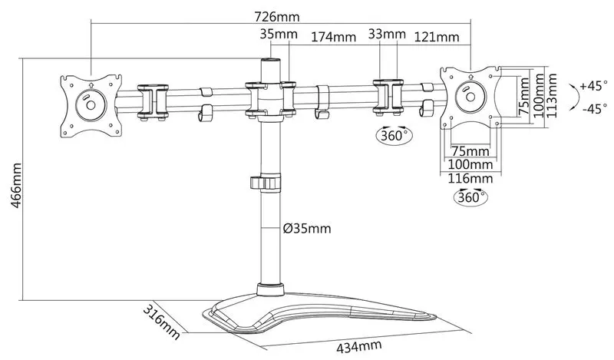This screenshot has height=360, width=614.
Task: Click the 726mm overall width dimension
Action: tap(277, 17)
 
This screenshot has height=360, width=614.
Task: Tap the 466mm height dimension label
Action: tap(16, 186)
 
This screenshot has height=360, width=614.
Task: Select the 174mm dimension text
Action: tap(333, 37)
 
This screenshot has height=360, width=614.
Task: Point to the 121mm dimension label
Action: tap(437, 37)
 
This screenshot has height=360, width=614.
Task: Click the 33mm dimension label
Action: tap(387, 34)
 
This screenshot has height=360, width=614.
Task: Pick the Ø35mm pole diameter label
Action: tap(306, 228)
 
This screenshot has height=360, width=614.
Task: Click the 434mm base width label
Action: tap(359, 347)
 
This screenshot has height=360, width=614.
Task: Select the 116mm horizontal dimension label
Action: tap(470, 179)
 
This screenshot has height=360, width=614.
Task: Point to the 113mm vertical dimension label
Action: tap(551, 96)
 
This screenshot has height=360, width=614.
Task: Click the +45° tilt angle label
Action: tap(593, 85)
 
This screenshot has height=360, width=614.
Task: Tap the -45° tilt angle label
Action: tap(595, 108)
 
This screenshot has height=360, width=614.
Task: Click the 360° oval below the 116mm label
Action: tap(470, 197)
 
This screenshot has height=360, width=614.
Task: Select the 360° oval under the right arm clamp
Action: tap(394, 136)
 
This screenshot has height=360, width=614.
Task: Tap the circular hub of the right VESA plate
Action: tap(470, 97)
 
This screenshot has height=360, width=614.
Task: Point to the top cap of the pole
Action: tap(271, 61)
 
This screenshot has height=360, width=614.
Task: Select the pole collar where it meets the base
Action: tap(271, 289)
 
